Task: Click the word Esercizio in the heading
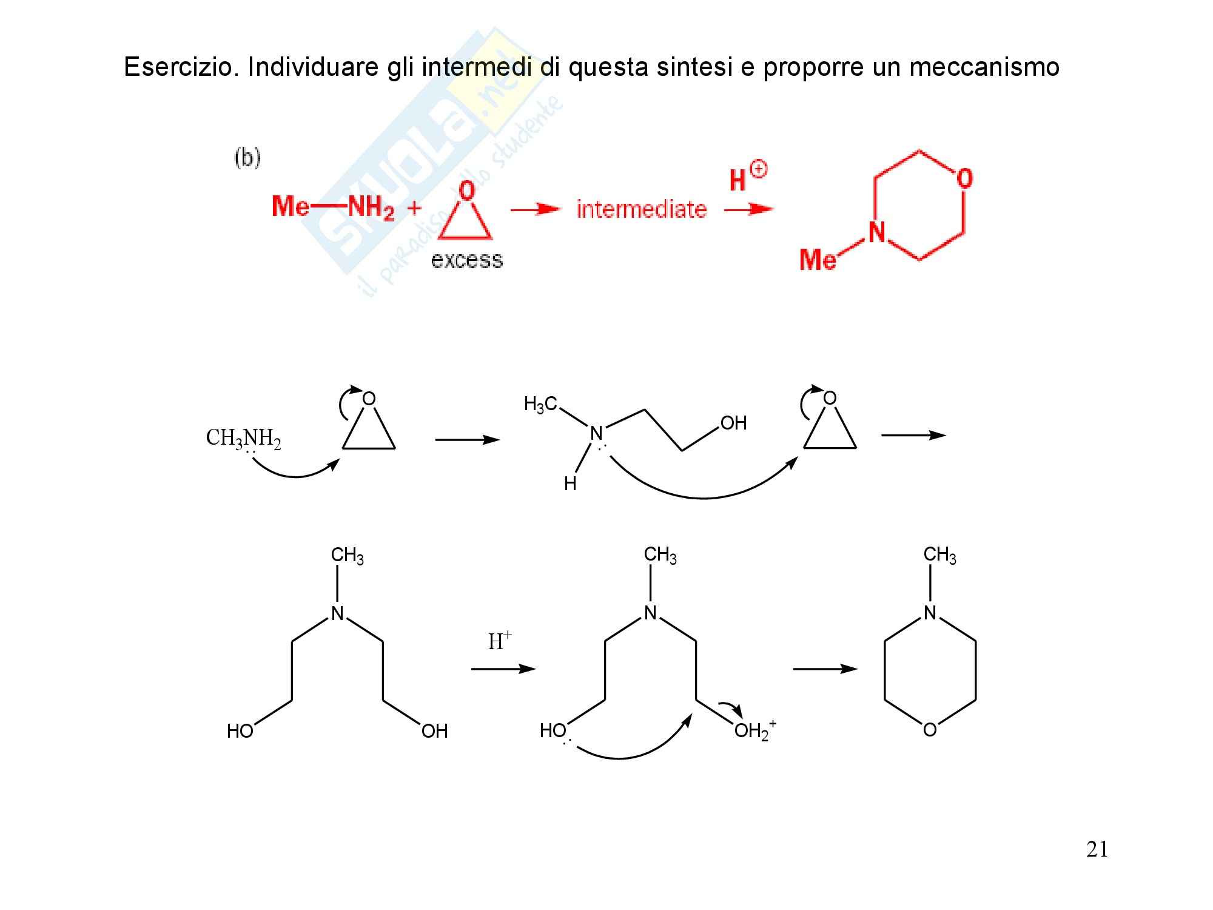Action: [179, 67]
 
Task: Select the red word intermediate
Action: [641, 209]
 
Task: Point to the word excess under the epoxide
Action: [466, 260]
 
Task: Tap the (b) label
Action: [247, 158]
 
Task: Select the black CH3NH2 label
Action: [243, 438]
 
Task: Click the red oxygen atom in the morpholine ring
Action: [964, 178]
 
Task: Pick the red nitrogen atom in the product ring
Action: [876, 232]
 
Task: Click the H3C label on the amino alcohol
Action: [540, 404]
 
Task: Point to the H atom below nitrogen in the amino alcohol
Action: [570, 484]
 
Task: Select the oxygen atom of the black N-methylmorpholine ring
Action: [930, 730]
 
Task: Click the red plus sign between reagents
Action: [414, 208]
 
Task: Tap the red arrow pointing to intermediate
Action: [534, 209]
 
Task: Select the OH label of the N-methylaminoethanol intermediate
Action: [733, 423]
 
